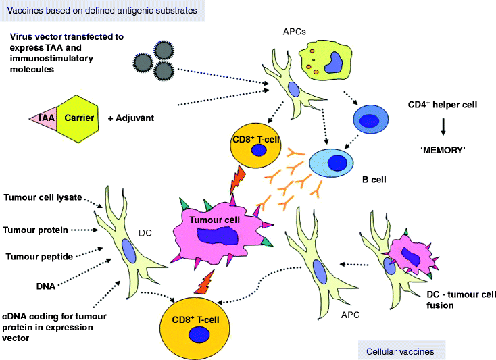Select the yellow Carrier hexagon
click(78, 118)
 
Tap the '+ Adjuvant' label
click(130, 118)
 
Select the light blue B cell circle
click(333, 162)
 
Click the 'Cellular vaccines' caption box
click(401, 351)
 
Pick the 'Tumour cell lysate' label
click(43, 197)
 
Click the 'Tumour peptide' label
click(39, 256)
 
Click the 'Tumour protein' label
click(36, 230)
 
